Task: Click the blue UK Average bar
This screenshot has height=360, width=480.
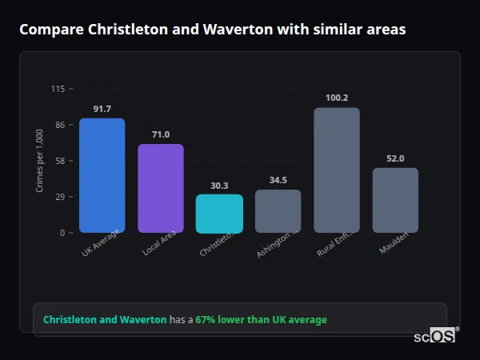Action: (x=102, y=175)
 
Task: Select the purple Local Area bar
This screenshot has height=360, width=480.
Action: (x=161, y=188)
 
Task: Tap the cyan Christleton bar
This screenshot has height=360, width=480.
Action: (x=219, y=214)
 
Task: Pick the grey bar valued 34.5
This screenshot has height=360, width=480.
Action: (x=278, y=211)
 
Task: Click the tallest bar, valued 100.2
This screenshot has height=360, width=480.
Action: (x=337, y=170)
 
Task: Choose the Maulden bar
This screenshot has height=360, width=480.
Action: (x=395, y=200)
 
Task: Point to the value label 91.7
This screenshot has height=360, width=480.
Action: (x=102, y=109)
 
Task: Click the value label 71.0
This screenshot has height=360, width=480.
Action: (x=161, y=134)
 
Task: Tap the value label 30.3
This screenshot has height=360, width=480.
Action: (x=219, y=186)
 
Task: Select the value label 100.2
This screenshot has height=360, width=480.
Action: (x=337, y=98)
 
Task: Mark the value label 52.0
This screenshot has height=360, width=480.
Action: (x=395, y=158)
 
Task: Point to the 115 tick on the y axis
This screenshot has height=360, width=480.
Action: (x=58, y=89)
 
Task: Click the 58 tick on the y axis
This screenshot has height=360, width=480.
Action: (x=60, y=161)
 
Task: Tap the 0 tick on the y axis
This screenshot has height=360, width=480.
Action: (x=62, y=233)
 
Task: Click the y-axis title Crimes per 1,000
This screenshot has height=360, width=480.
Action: (x=39, y=161)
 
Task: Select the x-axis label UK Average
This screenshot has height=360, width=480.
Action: (x=101, y=244)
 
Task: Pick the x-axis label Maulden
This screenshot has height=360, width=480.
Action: (x=394, y=243)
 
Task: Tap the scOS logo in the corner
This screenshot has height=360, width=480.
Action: (x=435, y=336)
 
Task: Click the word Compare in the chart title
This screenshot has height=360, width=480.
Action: (x=49, y=30)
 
